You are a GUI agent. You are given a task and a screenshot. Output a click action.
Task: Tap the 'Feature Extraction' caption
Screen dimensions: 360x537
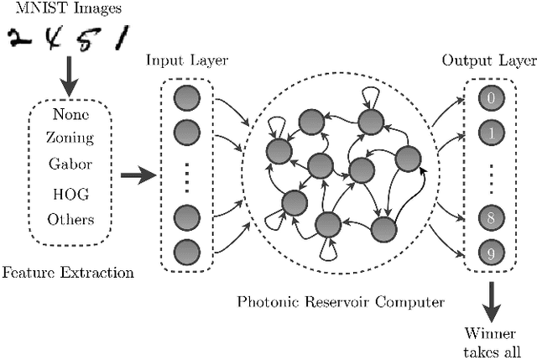68,273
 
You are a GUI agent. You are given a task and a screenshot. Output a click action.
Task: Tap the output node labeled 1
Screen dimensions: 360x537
488,133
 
